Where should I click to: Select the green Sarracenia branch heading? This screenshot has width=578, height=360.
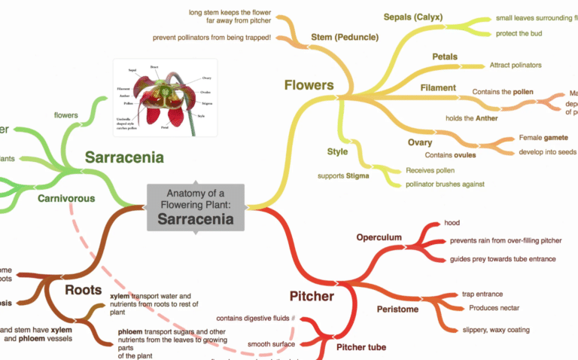tap(124, 157)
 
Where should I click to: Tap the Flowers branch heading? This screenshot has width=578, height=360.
tap(309, 85)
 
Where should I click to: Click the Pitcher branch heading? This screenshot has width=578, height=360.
tap(312, 296)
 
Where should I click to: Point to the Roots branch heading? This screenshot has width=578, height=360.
tap(83, 290)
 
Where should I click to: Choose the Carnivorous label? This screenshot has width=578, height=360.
tap(66, 199)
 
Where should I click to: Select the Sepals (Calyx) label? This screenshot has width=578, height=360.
tap(413, 17)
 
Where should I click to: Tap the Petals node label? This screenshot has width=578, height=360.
tap(445, 56)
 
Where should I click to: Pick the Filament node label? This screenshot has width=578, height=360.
tap(438, 87)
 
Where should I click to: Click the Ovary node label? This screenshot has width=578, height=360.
tap(420, 142)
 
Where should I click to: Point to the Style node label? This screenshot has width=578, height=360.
tap(337, 151)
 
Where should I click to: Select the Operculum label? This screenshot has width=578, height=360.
tap(379, 238)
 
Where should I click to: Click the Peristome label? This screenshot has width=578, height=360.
tap(398, 310)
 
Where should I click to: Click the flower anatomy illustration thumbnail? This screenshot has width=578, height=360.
tap(165, 98)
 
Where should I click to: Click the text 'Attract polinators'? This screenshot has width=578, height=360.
tap(516, 66)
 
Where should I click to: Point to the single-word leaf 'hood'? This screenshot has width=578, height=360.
tap(452, 223)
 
